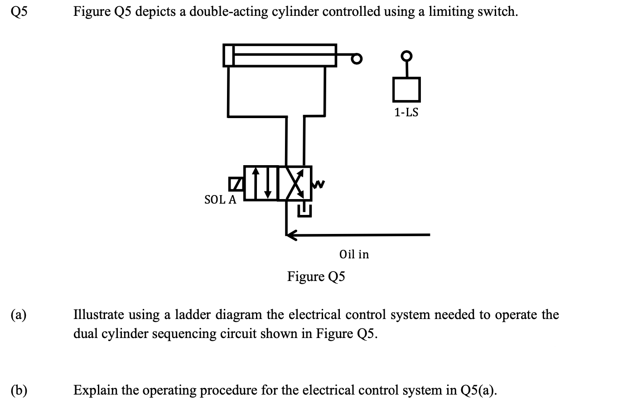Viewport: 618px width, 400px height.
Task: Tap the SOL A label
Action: [220, 200]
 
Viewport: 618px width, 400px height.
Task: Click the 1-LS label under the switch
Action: [406, 113]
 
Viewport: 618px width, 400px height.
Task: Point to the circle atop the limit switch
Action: [407, 56]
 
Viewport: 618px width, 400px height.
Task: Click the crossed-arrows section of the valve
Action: [295, 183]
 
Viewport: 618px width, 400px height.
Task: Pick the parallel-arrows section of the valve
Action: [261, 183]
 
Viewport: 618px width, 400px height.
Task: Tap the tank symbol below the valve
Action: [304, 210]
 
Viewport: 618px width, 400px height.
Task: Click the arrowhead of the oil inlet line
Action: [291, 234]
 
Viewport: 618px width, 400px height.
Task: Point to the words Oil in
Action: [354, 254]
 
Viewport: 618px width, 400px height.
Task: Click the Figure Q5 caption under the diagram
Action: [316, 276]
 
